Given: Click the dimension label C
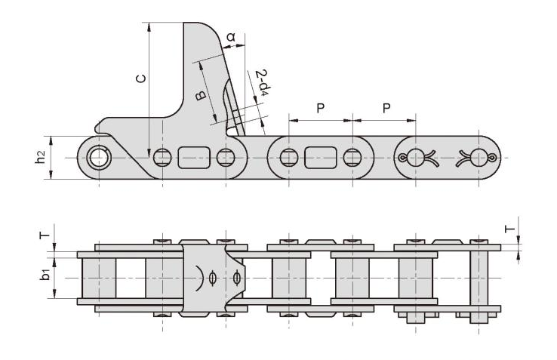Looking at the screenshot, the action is [141, 78].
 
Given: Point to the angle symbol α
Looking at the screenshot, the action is [231, 36].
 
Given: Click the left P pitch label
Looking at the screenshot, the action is [321, 108].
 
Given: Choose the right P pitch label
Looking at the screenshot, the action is [386, 108].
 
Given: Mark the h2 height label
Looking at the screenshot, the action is [41, 157].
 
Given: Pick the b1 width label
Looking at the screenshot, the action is [45, 275].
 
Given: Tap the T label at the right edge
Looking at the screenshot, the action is [510, 228].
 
